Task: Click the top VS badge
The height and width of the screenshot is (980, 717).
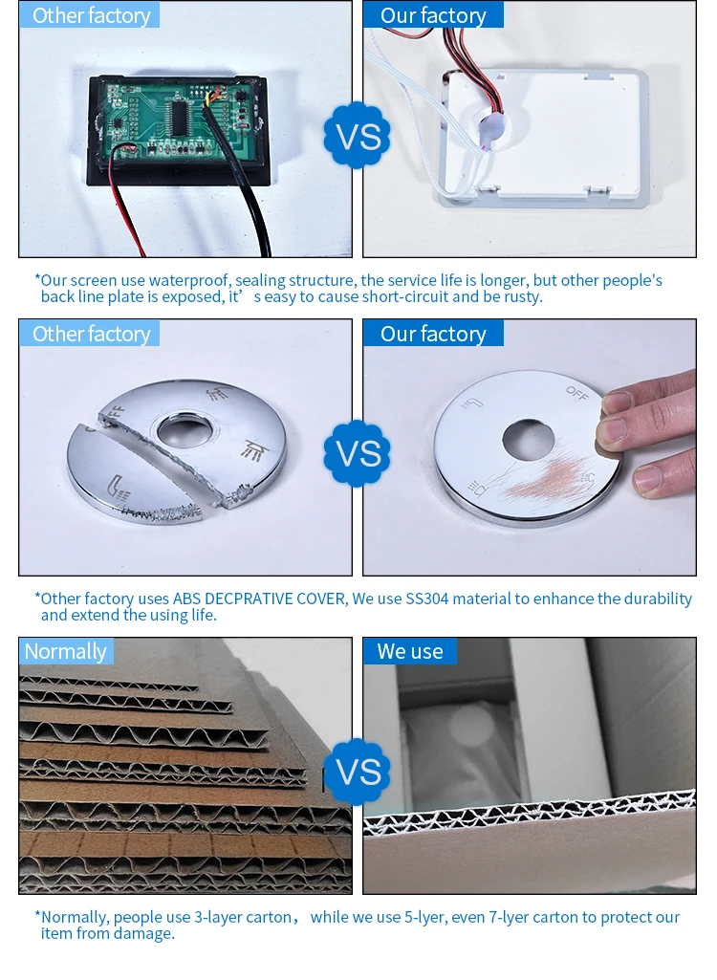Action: click(x=357, y=135)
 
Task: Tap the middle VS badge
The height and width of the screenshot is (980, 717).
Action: click(x=357, y=453)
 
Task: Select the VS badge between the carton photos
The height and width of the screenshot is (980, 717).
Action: click(x=357, y=772)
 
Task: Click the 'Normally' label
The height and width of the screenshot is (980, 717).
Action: click(x=66, y=651)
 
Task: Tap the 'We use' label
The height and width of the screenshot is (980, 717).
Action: click(x=410, y=651)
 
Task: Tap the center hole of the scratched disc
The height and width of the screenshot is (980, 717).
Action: click(x=529, y=439)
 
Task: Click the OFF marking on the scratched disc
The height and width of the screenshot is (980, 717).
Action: click(x=577, y=393)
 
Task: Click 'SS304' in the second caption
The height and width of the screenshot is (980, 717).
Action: click(x=427, y=599)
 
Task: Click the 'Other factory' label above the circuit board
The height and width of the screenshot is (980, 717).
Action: click(x=90, y=15)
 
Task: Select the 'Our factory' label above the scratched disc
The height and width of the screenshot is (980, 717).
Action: click(x=433, y=333)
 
